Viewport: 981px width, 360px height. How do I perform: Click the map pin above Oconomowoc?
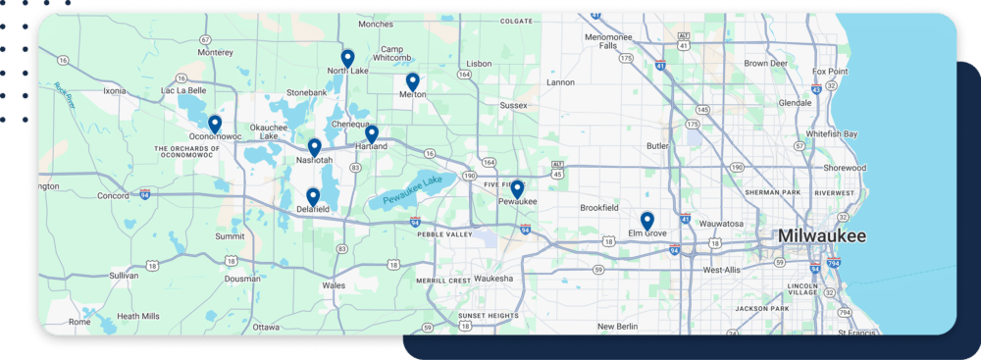(x=215, y=124)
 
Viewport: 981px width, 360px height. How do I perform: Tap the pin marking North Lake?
(x=347, y=58)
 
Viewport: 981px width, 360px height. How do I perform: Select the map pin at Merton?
(x=413, y=81)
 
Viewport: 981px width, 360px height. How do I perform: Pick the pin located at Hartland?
(x=372, y=133)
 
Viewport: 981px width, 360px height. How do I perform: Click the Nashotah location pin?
(x=315, y=147)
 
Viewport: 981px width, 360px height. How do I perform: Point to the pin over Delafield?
(x=313, y=196)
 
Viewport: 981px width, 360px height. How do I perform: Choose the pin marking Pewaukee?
(x=517, y=188)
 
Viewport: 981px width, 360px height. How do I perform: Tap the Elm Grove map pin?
(x=647, y=220)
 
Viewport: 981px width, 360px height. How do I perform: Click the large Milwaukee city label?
(x=822, y=236)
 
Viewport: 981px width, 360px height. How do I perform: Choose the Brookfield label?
(x=599, y=208)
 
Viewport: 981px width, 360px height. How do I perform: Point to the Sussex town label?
(x=513, y=104)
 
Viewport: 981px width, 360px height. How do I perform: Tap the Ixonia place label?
(x=115, y=90)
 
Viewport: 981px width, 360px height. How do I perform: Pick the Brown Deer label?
(x=766, y=63)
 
